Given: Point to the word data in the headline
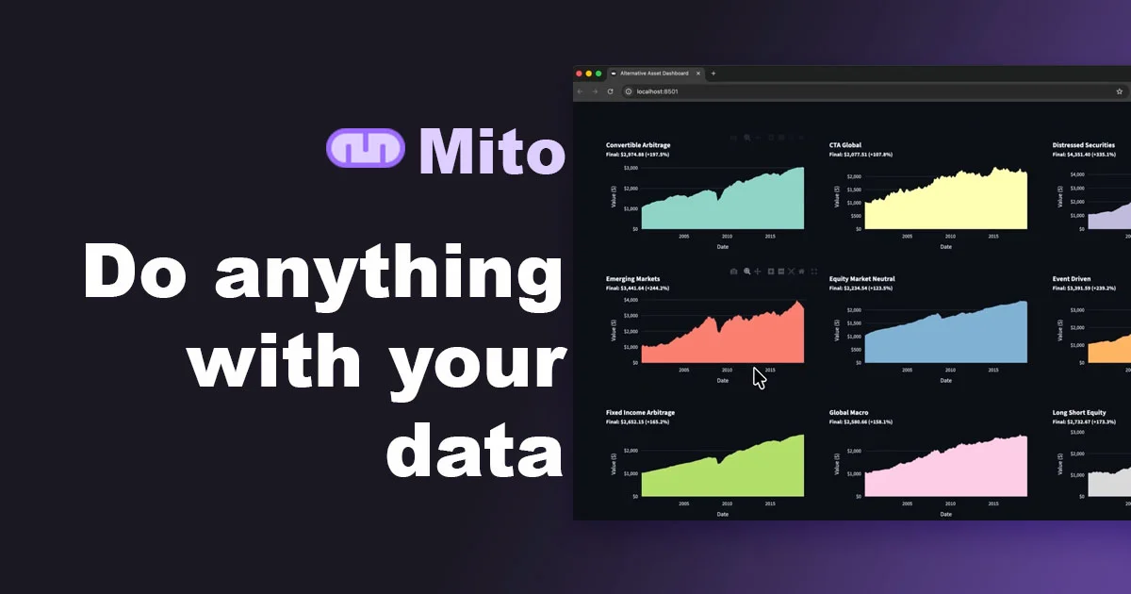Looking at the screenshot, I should click(x=474, y=452).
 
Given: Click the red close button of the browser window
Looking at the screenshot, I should click(x=579, y=74).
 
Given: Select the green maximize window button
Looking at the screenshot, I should click(x=598, y=74).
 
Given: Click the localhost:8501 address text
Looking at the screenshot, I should click(x=657, y=91).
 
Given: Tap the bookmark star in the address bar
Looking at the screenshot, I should click(x=1119, y=91).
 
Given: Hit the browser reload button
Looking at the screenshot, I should click(x=610, y=91).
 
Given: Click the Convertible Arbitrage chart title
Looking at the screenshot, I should click(x=638, y=145).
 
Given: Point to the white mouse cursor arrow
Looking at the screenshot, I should click(x=759, y=377).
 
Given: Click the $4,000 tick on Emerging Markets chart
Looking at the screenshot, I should click(x=630, y=301).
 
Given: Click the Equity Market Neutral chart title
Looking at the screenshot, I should click(x=861, y=279).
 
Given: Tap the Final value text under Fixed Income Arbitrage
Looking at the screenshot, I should click(x=637, y=421).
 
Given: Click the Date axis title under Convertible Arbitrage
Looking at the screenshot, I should click(x=722, y=247).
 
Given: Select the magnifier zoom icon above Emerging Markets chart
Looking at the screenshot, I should click(x=746, y=272).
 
